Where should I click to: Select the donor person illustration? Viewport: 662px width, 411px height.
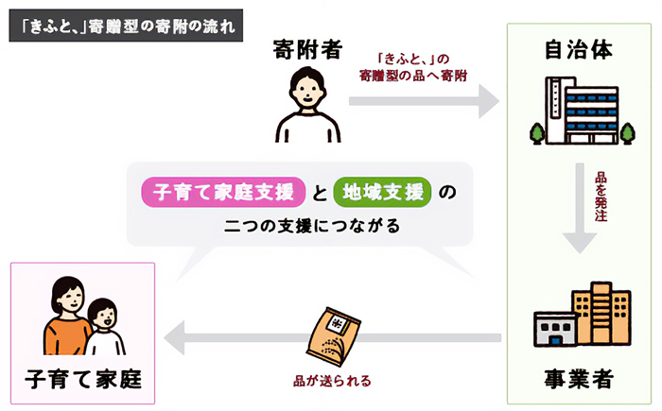coord(305,105)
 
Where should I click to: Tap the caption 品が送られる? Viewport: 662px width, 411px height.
coord(331,382)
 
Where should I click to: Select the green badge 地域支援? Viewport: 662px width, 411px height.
coord(382,193)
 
